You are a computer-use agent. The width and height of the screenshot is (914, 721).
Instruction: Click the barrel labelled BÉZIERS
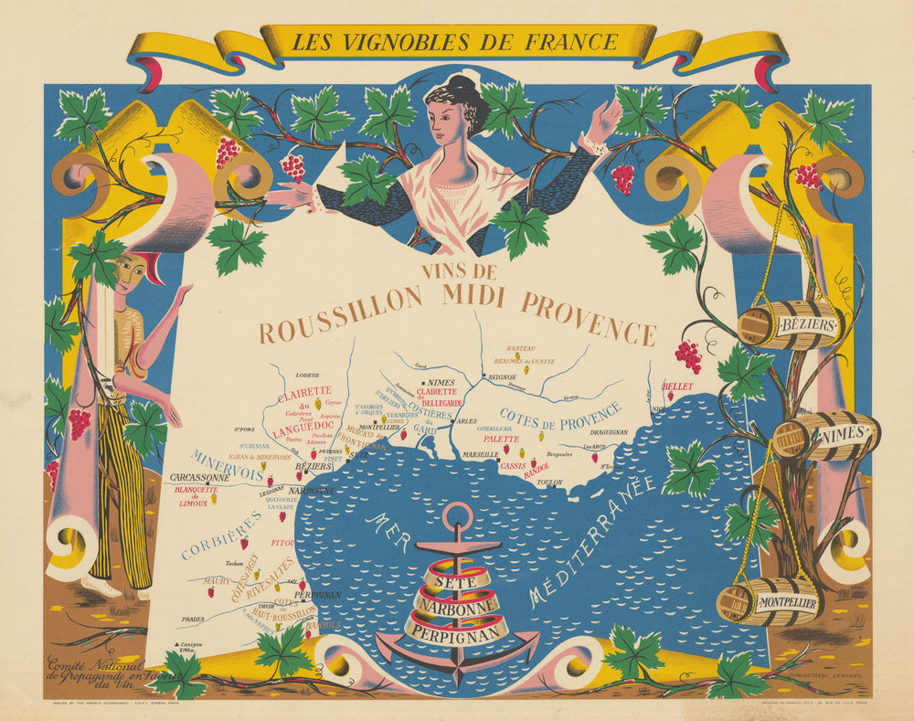pos(790,324)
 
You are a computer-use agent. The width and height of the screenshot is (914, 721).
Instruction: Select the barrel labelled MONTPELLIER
pos(769,600)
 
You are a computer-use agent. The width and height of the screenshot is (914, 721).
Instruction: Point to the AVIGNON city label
pos(502,376)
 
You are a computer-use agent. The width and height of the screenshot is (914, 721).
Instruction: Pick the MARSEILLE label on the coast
pos(480,453)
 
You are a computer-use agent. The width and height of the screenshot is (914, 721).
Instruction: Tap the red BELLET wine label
pos(677,387)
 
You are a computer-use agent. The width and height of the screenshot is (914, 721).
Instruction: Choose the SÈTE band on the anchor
pos(454,580)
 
